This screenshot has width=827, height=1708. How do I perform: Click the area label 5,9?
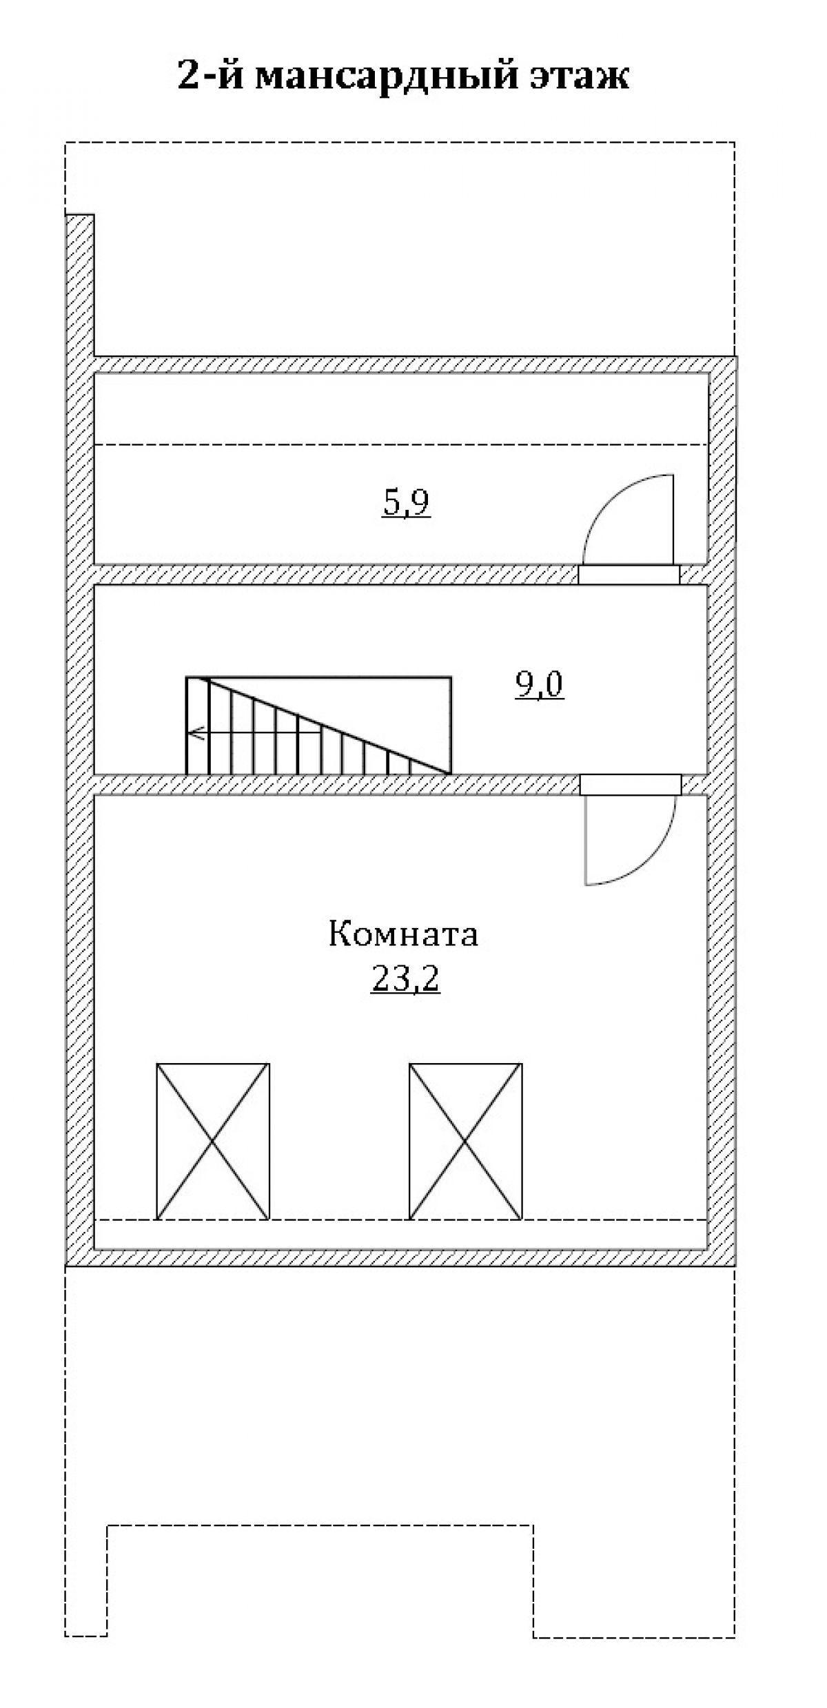click(407, 504)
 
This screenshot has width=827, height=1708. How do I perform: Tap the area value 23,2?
click(405, 978)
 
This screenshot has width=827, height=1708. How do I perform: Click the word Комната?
click(403, 935)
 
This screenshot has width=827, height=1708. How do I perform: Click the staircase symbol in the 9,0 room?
click(318, 726)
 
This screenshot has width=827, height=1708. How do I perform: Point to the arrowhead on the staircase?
click(194, 734)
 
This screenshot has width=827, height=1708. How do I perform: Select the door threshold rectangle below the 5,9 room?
click(629, 575)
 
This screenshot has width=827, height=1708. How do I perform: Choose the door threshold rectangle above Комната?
click(630, 784)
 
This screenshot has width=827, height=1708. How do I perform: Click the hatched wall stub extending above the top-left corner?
click(80, 285)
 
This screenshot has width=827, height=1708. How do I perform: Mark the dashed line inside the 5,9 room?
click(401, 444)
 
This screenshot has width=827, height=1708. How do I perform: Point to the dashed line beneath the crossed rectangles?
click(401, 1220)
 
